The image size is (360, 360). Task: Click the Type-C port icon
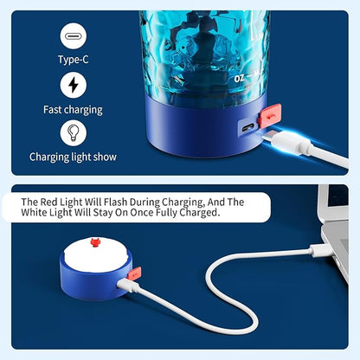[74, 36]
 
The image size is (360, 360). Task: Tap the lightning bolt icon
[74, 85]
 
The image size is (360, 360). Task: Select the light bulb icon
[74, 132]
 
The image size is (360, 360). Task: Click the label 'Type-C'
[74, 61]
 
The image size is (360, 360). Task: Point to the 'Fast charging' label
[74, 110]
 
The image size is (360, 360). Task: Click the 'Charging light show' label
[74, 157]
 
